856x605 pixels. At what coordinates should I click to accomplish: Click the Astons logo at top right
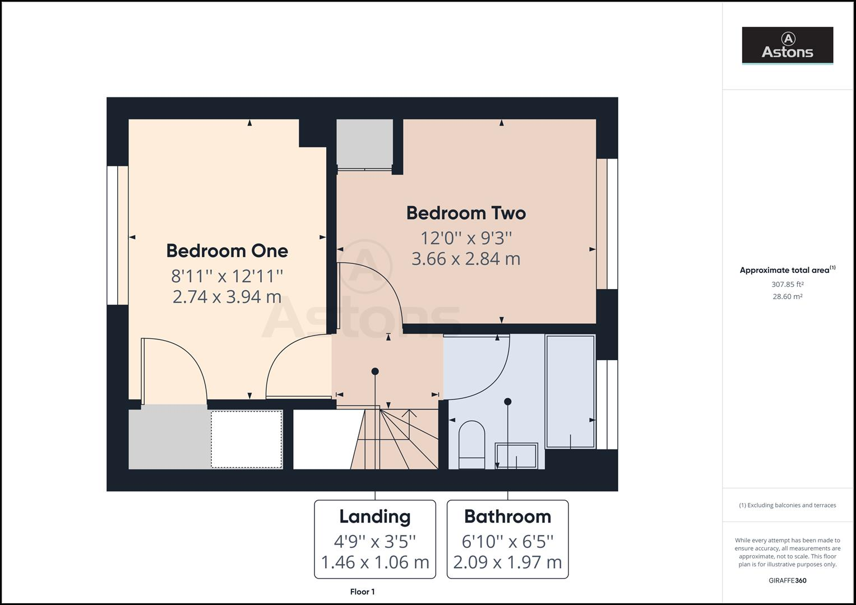click(787, 45)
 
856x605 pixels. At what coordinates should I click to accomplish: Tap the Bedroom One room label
click(227, 250)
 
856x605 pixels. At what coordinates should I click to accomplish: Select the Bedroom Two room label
click(466, 213)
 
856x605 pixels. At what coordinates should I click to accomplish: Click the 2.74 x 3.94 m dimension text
click(227, 296)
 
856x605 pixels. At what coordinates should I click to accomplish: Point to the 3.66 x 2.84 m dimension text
click(466, 259)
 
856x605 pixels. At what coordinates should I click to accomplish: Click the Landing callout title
click(374, 516)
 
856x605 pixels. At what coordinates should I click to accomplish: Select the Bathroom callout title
click(507, 516)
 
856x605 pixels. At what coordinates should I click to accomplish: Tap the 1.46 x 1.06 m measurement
click(374, 562)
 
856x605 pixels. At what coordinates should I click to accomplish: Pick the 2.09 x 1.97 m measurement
click(507, 562)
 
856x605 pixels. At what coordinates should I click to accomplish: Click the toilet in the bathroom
click(471, 444)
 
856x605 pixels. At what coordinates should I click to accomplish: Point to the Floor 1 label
click(362, 592)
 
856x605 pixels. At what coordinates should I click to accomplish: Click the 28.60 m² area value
click(787, 297)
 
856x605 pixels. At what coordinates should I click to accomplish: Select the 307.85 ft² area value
click(787, 285)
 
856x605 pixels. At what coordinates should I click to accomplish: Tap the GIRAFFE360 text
click(787, 580)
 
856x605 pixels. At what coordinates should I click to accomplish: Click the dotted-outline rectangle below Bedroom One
click(247, 439)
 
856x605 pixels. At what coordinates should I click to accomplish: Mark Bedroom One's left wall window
click(118, 235)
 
